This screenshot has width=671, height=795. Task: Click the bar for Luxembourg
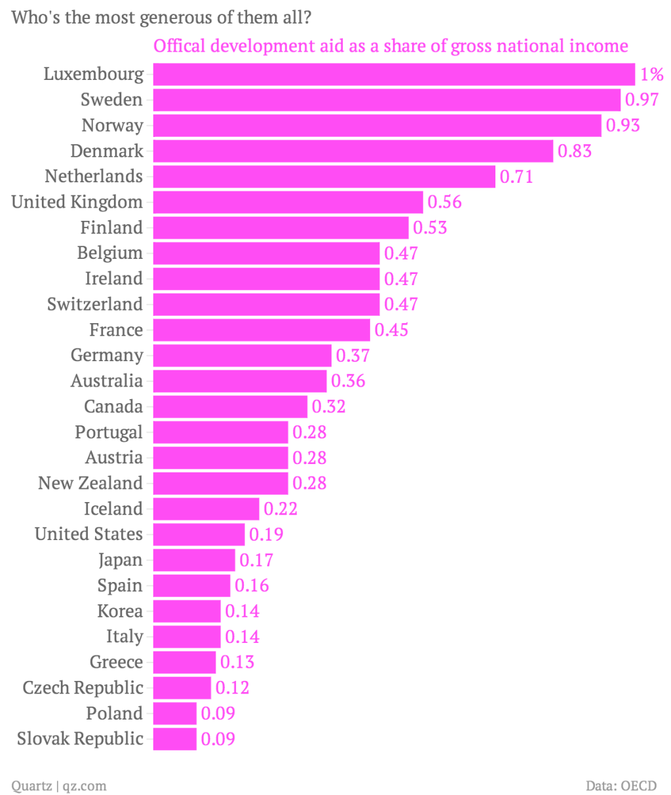coord(394,74)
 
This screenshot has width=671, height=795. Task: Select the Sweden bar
coord(387,100)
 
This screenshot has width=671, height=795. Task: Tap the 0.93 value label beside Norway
coord(623,125)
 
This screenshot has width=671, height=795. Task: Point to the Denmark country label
coord(107,151)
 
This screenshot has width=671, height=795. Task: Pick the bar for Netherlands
coord(324,176)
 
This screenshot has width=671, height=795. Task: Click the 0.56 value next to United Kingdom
coord(444,202)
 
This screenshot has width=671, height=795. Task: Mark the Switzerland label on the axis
coord(95,304)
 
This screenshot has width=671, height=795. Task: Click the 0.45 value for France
coord(391,330)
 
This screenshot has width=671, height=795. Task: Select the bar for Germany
coord(242,355)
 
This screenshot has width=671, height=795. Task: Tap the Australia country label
coord(107,381)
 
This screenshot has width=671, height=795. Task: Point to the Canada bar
coord(230,406)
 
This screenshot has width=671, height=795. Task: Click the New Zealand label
coord(90,483)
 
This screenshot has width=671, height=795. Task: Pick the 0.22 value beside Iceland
coord(280,509)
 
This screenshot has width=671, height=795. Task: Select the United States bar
coord(199,534)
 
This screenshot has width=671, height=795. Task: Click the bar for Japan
coord(194,560)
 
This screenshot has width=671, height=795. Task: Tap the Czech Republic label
coord(83,688)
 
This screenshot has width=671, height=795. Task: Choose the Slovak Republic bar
coord(175,739)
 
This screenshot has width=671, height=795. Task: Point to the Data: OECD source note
coord(621,785)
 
